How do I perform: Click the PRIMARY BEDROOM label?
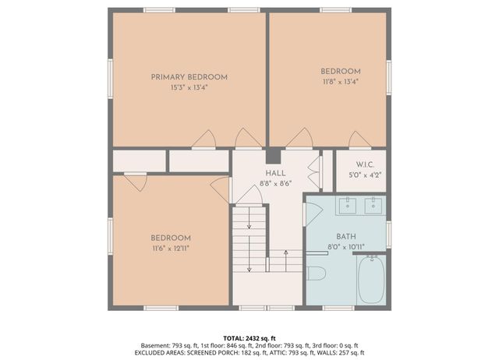point(189,77)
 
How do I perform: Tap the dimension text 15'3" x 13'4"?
point(189,88)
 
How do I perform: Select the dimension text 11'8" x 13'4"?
point(340,80)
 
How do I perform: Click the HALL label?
point(275,173)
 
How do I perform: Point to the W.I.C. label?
point(366,164)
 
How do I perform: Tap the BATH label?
point(345,236)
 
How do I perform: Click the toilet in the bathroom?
point(316,273)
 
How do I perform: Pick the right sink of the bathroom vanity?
point(373,206)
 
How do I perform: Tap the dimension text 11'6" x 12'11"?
point(171,248)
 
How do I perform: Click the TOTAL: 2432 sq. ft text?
point(249,336)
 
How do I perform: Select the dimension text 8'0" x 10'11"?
point(345,246)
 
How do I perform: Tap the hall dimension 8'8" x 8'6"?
point(275,183)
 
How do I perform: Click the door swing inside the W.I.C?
point(359,140)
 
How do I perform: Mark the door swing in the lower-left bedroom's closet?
point(136,182)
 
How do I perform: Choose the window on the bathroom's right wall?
point(388,234)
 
